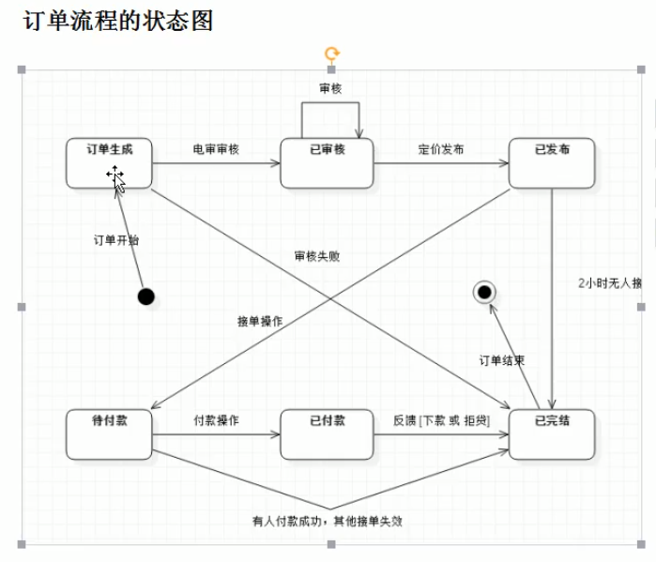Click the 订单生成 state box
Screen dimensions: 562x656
[x=109, y=163]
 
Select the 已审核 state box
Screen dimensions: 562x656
[x=327, y=163]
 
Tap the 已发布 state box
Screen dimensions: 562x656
[x=552, y=163]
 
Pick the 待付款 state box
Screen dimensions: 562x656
[x=109, y=434]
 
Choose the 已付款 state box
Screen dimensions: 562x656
[x=327, y=434]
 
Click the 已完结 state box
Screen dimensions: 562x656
[x=552, y=434]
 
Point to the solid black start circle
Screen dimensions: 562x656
[x=145, y=297]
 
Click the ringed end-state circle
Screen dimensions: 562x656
[x=484, y=293]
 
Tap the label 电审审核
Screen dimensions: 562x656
[x=216, y=149]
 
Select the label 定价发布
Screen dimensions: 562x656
[x=440, y=149]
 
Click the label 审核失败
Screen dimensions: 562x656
[x=316, y=256]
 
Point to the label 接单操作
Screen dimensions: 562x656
[x=260, y=321]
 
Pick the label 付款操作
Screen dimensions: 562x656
[x=216, y=419]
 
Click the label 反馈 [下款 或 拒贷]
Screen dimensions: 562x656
[x=441, y=419]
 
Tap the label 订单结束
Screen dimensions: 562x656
[x=502, y=360]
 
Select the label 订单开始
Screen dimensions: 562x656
[x=115, y=240]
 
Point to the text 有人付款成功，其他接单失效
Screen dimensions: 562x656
[x=328, y=520]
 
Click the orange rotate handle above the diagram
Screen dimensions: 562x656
[x=331, y=54]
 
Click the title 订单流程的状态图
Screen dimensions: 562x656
[x=118, y=21]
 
